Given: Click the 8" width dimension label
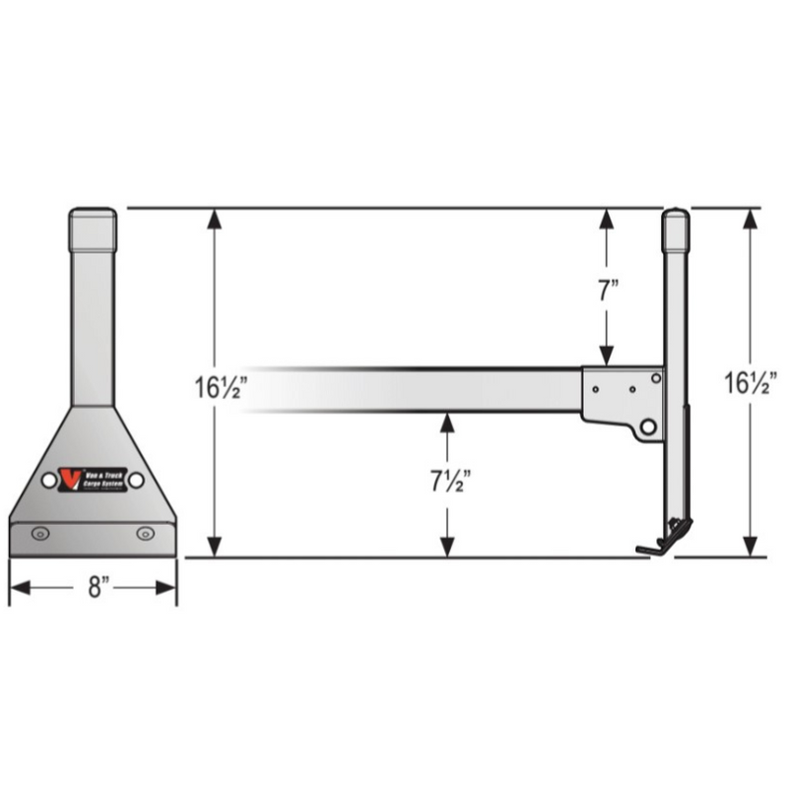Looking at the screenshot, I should point(95,588).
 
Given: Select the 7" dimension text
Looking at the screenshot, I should point(608,291).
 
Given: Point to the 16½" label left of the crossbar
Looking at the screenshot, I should point(219,385).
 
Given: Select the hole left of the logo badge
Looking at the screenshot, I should point(48,480).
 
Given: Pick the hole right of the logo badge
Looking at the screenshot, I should point(136,480).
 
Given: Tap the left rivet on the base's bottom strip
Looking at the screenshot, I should point(39,533).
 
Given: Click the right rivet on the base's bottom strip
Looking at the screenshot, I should point(146,533).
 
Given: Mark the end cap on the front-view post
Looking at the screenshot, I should point(92,229).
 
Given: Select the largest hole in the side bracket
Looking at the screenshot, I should point(648,426).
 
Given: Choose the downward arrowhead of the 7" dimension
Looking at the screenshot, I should point(608,357).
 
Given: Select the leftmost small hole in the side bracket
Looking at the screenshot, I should point(597,387).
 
